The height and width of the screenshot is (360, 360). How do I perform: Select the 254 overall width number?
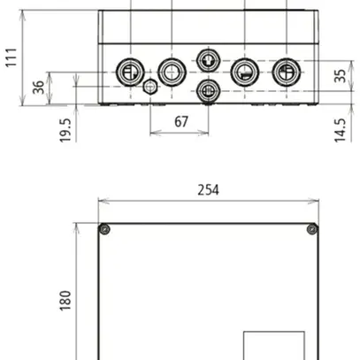pos(209,189)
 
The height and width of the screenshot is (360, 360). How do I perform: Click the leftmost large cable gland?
pos(129,73)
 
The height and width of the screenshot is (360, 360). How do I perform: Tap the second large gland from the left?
pos(170,72)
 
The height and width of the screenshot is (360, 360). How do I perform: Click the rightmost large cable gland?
pos(286,73)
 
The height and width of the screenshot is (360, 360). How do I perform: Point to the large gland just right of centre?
pos(244,73)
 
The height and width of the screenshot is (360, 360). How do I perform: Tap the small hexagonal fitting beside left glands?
pos(150,87)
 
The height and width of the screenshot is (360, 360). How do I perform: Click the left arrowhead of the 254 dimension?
pos(101,202)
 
